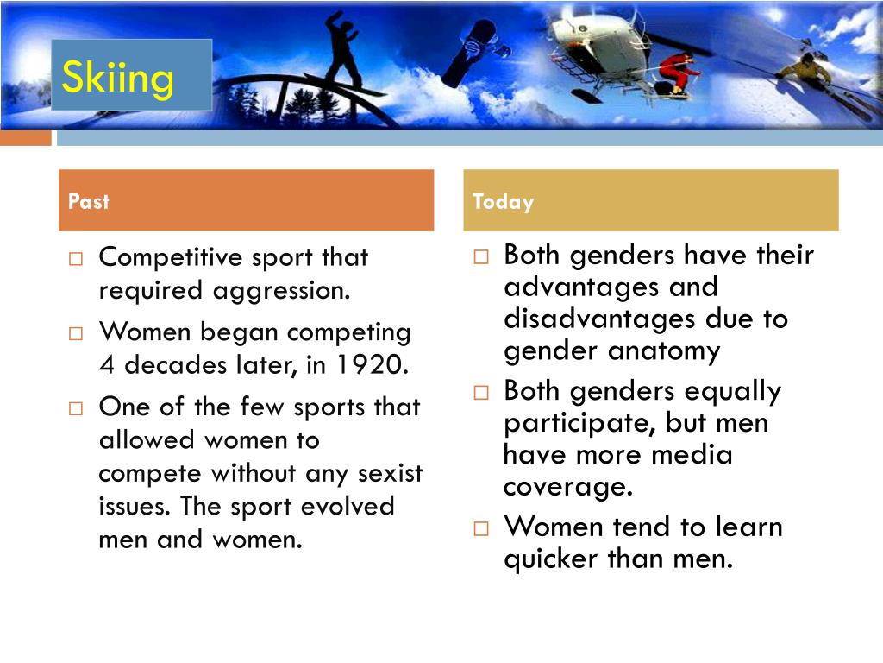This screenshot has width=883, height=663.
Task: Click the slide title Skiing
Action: coord(118,79)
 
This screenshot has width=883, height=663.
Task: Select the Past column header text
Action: coord(89,202)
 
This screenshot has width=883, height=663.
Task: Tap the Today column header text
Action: coord(503,202)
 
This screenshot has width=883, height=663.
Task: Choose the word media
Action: coord(688,454)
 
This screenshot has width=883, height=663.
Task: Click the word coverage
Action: coord(567,487)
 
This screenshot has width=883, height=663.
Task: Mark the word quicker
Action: coord(562,559)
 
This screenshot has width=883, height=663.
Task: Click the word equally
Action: coord(733,391)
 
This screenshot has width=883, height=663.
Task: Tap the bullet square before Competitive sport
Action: coord(76,259)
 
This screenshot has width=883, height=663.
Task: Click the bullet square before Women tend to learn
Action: coord(481,528)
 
